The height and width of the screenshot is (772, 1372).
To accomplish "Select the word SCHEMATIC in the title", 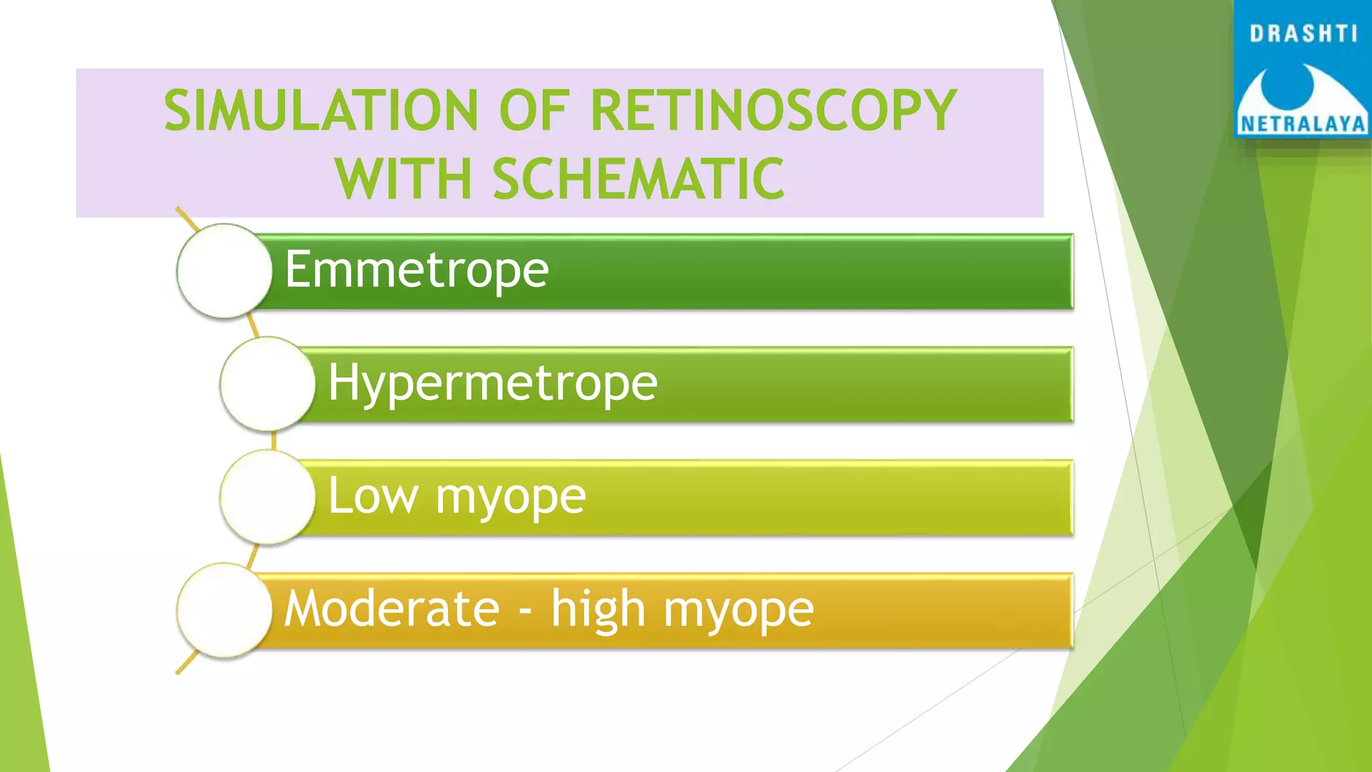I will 638,179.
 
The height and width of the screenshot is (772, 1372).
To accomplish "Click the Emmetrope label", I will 417,269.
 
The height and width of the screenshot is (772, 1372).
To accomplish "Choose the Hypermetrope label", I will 493,383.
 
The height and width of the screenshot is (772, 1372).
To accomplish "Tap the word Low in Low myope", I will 372,496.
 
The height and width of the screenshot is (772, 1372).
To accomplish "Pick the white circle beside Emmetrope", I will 224,271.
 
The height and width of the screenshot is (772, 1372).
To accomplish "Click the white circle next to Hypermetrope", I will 267,384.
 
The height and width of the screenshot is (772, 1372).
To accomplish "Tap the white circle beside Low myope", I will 267,497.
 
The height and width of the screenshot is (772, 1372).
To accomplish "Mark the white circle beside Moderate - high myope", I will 224,610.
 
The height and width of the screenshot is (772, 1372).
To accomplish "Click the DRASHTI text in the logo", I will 1303,34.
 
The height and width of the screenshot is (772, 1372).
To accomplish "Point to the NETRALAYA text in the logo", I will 1303,125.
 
